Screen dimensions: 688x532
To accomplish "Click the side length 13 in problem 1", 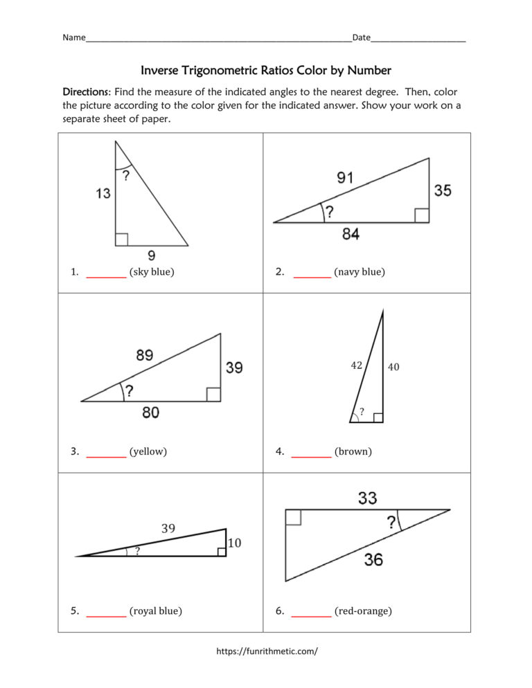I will tap(103, 194).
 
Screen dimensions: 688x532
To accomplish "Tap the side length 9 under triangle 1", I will tap(151, 255).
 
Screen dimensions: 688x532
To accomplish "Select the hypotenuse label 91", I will tap(344, 178).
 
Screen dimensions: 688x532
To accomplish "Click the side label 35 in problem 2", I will tap(443, 190).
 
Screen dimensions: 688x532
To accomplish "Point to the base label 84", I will tap(351, 234).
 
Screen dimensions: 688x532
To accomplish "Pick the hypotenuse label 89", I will tap(145, 355).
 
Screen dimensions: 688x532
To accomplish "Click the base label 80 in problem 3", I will tap(150, 413).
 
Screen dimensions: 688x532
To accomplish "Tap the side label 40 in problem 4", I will tap(393, 367).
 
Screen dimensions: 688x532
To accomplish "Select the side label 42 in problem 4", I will tap(356, 365).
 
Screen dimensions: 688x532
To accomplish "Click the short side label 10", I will tap(234, 543).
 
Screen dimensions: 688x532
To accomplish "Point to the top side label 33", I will tap(367, 497).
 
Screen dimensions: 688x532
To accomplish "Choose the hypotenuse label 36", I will tap(373, 559).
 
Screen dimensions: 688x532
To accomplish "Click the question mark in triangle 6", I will tap(392, 523).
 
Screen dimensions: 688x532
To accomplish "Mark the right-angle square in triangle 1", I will tap(121, 239).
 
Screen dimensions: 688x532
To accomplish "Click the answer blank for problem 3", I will tap(106, 453).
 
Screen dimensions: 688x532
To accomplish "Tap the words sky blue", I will tap(152, 272).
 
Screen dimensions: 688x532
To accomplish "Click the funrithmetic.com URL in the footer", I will tap(267, 651).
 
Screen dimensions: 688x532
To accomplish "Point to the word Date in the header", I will tap(361, 37).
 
